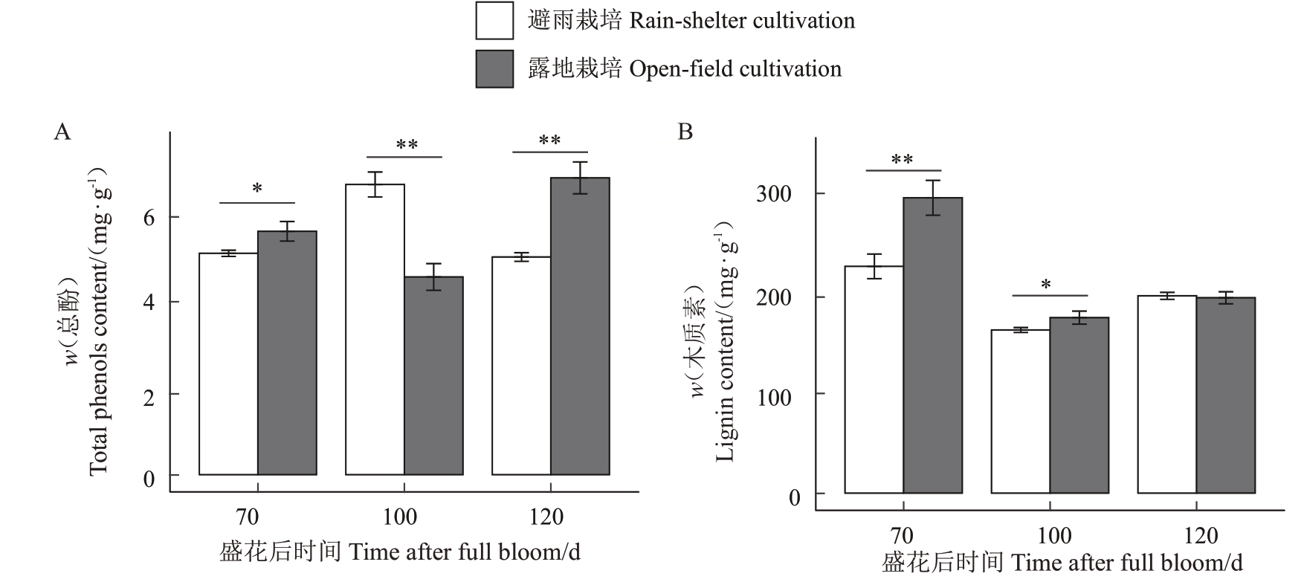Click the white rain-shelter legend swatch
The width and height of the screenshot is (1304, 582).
[494, 21]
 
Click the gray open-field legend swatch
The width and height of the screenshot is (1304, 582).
[494, 69]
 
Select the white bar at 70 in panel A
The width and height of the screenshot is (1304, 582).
[228, 364]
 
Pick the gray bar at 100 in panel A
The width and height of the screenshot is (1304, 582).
[433, 375]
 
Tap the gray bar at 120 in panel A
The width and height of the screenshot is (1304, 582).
[580, 326]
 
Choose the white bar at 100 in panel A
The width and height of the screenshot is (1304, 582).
[375, 329]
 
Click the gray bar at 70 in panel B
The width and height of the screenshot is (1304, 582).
[932, 346]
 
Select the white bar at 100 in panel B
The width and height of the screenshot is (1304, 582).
[1020, 411]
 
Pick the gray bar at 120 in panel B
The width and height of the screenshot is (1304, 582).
[1225, 395]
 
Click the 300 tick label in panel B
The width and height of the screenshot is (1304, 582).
[773, 194]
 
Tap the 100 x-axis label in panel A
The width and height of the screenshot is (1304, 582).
[399, 517]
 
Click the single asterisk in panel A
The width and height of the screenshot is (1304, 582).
[257, 189]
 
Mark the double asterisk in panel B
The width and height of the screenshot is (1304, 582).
[903, 159]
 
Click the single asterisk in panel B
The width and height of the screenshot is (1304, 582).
[1046, 285]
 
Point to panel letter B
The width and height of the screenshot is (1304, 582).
[685, 132]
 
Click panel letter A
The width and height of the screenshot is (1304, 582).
[62, 132]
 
